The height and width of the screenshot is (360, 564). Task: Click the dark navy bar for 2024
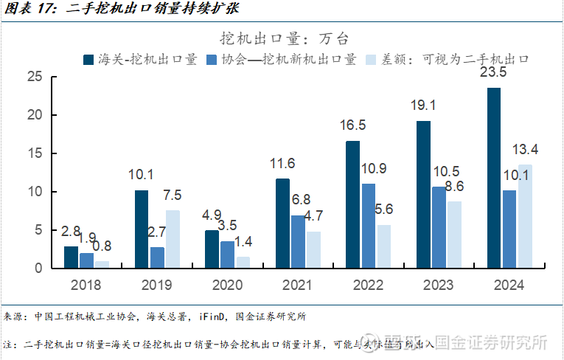click(494, 178)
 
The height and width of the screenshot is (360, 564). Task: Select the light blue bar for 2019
click(172, 239)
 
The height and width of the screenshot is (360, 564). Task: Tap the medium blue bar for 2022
click(368, 226)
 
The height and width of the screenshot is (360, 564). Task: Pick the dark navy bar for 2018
click(71, 257)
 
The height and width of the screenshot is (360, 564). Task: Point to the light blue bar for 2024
click(525, 216)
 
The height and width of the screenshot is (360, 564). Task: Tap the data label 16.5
click(353, 125)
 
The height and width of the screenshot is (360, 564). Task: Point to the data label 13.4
click(525, 150)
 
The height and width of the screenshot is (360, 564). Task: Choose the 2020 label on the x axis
click(227, 284)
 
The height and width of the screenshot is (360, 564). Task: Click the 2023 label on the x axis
click(438, 284)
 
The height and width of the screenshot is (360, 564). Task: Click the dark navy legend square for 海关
click(89, 60)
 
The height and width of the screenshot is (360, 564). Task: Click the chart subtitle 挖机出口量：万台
click(285, 38)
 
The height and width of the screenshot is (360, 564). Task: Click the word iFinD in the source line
click(215, 316)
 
